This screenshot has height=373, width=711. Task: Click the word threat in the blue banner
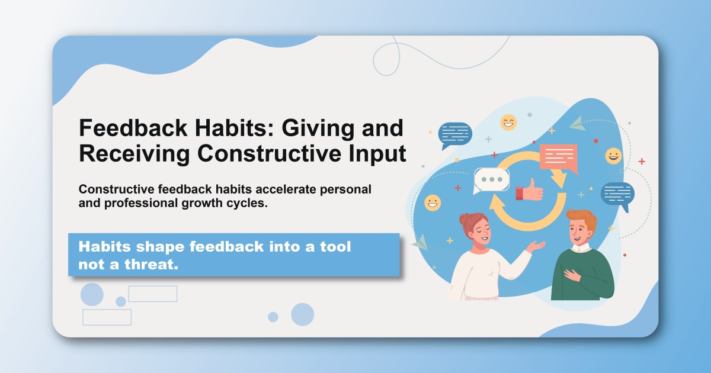click(150, 265)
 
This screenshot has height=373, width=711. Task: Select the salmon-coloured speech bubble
click(558, 157)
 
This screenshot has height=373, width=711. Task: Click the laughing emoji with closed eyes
click(508, 123)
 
